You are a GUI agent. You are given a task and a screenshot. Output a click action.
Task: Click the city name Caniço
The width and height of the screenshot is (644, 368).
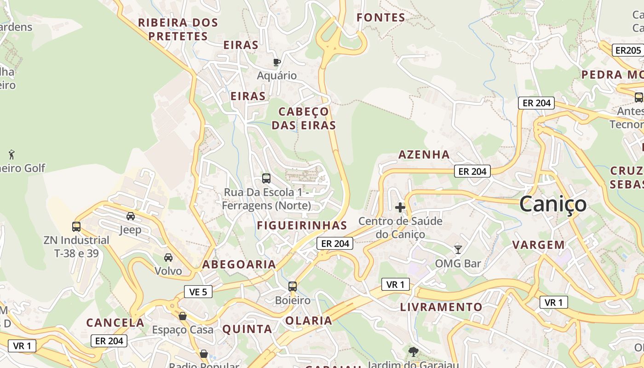point(553,204)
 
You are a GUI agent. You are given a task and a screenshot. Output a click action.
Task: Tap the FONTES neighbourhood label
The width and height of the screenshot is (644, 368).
point(381,18)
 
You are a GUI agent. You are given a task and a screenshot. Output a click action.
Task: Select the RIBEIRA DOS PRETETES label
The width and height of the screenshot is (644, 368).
point(178,29)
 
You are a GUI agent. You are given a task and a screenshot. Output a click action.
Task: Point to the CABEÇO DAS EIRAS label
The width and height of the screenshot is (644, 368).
point(304,118)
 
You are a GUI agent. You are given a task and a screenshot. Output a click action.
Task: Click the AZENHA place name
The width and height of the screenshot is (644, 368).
point(424,155)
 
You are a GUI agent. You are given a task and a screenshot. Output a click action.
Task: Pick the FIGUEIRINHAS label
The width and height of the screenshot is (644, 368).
point(302,225)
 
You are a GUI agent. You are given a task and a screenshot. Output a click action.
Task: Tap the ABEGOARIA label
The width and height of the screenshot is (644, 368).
point(239,264)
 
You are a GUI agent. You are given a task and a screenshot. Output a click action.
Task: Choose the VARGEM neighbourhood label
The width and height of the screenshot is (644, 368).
point(539,245)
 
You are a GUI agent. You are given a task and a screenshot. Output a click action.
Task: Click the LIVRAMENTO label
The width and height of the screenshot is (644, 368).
point(441,307)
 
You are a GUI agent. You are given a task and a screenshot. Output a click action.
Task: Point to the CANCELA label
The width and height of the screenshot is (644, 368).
point(115,322)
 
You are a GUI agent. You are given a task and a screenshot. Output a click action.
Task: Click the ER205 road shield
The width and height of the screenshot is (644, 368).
point(628,50)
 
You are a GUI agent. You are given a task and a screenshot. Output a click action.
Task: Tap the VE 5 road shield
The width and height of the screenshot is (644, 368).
point(198,292)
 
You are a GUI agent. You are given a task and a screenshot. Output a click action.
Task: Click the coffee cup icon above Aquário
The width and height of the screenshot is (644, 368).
point(276,62)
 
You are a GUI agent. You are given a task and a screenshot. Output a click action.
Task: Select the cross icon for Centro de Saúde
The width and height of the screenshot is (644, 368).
point(400,207)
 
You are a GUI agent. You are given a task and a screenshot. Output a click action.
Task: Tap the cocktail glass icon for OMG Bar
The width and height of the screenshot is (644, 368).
point(458,249)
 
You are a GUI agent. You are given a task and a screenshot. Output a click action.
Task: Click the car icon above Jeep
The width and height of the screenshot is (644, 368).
point(131,216)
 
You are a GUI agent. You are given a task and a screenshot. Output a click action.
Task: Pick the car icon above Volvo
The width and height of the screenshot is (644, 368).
point(168,258)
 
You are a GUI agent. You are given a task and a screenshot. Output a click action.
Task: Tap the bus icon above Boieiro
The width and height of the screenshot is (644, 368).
point(293,287)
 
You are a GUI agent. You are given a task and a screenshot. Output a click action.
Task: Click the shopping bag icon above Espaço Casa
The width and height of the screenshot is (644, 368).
point(183,316)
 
